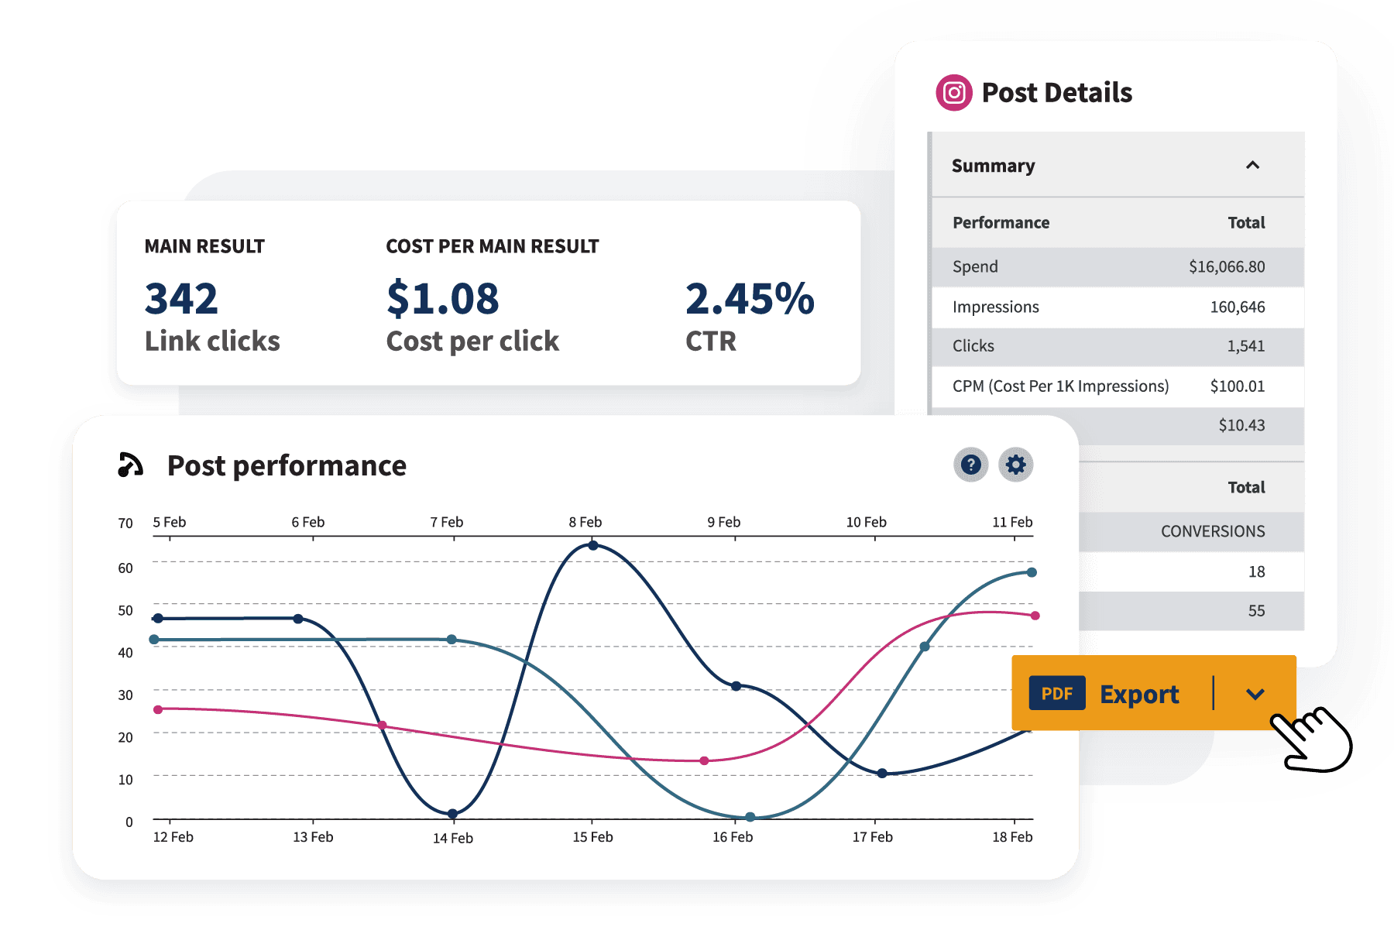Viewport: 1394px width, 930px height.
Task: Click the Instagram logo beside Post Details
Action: [954, 93]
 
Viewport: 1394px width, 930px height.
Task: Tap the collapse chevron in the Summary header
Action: [1252, 165]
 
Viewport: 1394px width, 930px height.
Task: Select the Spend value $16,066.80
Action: [1227, 267]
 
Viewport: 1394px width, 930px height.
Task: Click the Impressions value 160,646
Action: [1237, 307]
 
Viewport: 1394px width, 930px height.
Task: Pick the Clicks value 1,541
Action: [1245, 346]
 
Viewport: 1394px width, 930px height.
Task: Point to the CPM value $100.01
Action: [1237, 386]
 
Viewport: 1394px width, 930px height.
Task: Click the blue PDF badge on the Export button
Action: [1056, 694]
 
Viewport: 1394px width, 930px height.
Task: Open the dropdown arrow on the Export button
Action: [1255, 694]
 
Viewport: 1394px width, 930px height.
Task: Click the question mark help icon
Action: [970, 465]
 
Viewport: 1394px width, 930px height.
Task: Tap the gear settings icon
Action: [1015, 465]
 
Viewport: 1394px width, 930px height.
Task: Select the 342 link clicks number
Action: [181, 299]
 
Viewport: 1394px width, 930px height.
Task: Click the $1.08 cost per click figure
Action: [442, 299]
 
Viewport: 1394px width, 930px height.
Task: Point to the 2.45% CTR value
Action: [749, 299]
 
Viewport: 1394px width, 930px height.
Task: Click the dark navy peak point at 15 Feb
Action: [593, 546]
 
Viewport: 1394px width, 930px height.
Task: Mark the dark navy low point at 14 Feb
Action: [452, 814]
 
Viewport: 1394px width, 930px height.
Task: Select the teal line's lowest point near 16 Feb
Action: [750, 817]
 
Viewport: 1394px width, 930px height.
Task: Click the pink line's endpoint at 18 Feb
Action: [1035, 616]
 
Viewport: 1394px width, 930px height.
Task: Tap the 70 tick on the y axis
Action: [125, 523]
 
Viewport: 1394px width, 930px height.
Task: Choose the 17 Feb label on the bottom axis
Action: [872, 837]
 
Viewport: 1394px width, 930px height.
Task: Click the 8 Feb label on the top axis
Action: [585, 522]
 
